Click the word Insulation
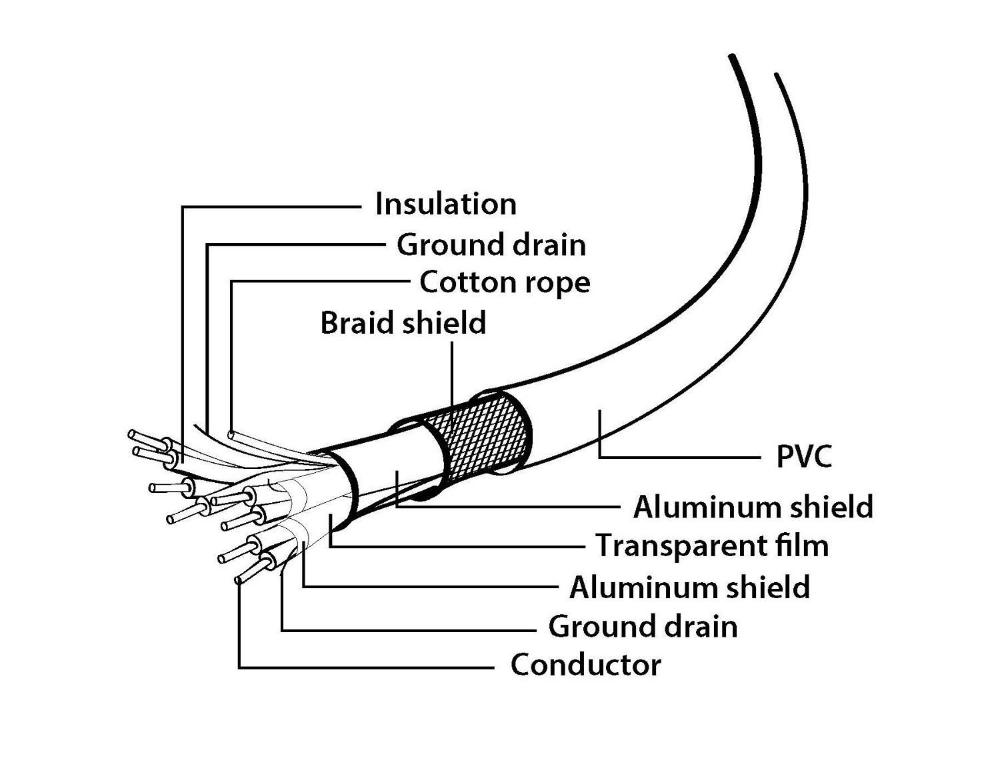[x=445, y=204]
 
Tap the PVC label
[x=804, y=458]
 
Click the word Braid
[x=359, y=323]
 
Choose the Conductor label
[x=585, y=665]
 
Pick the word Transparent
[x=677, y=546]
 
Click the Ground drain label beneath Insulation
[x=491, y=245]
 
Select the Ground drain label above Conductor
[x=643, y=627]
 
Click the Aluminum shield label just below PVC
[x=753, y=507]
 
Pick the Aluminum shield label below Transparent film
[x=689, y=587]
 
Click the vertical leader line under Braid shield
[x=453, y=373]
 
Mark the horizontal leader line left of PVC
[x=680, y=458]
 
